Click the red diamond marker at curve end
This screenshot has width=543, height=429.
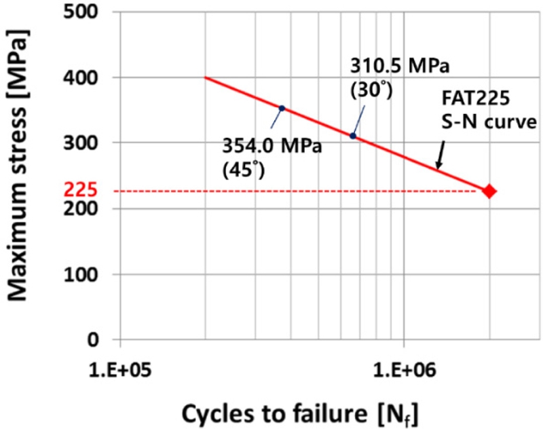click(489, 191)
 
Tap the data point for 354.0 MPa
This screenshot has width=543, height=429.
click(282, 108)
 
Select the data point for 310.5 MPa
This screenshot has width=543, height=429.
click(353, 136)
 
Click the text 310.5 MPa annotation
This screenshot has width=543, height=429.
click(400, 67)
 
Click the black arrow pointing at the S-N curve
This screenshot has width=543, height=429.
click(440, 156)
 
